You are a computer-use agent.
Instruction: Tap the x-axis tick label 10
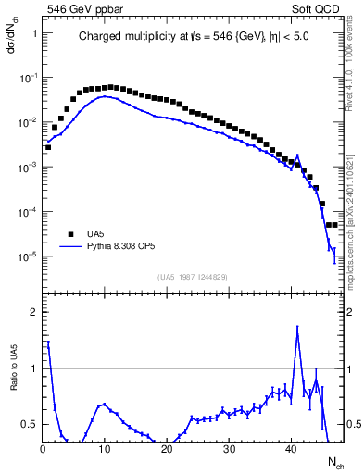(104, 448)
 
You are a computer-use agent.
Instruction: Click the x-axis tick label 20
(166, 448)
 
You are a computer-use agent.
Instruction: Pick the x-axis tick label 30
(229, 448)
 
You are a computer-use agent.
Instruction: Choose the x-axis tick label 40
(291, 448)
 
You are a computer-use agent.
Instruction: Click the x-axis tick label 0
(43, 448)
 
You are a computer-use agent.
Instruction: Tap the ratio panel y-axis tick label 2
(33, 313)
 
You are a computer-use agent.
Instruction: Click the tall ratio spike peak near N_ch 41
(297, 327)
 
